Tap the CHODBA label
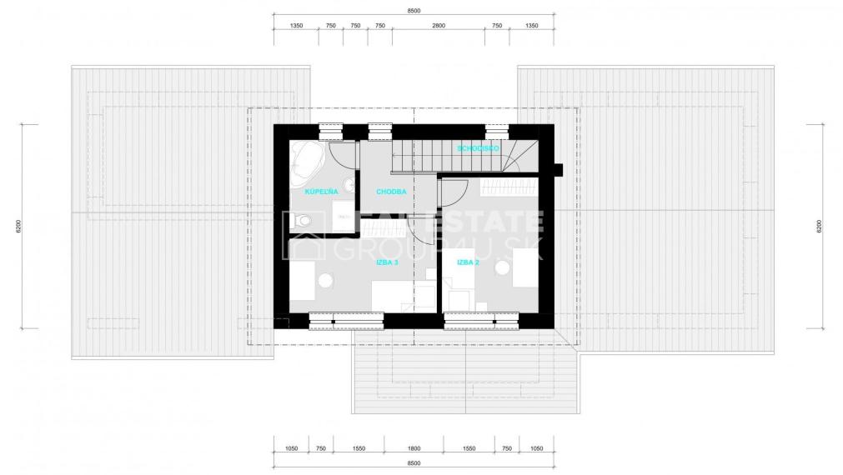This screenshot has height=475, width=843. pos(391,191)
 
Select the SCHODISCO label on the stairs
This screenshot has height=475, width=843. pos(478,147)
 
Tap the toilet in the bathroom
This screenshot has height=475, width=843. pos(304,220)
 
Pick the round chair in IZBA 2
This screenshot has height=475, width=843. pos(503,267)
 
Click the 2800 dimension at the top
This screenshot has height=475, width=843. pos(439,26)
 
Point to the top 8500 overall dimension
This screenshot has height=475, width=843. pos(414,11)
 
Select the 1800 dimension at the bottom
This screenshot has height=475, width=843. pos(414,448)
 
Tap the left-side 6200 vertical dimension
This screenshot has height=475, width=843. pos(18,226)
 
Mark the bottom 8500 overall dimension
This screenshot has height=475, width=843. pos(414,463)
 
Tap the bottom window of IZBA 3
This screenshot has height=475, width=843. pos(346,317)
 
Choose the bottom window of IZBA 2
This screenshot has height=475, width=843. pos(481,317)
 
